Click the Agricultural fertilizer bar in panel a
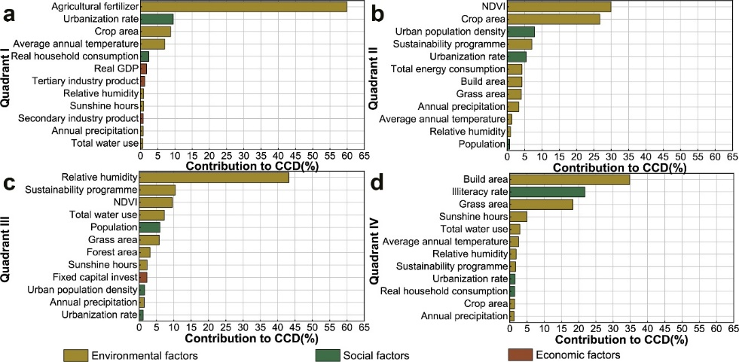[x=243, y=7]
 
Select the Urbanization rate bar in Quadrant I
[x=157, y=19]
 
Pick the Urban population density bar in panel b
[x=521, y=32]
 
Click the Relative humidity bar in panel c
[x=214, y=178]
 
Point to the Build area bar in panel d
[x=569, y=179]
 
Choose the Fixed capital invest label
[x=94, y=277]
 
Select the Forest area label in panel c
[x=111, y=252]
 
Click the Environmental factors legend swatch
[x=76, y=354]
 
